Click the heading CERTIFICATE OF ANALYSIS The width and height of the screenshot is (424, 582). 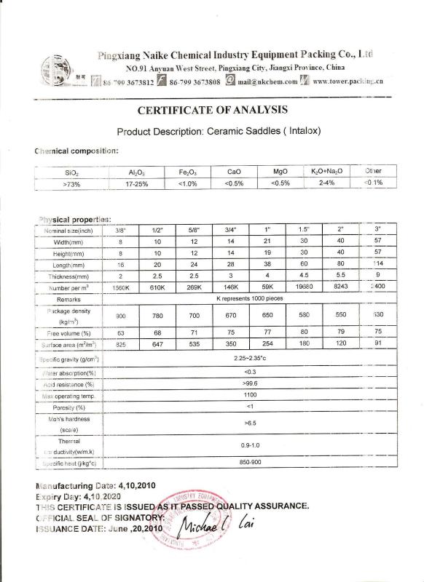tap(213, 111)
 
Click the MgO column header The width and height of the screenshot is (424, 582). tap(280, 172)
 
